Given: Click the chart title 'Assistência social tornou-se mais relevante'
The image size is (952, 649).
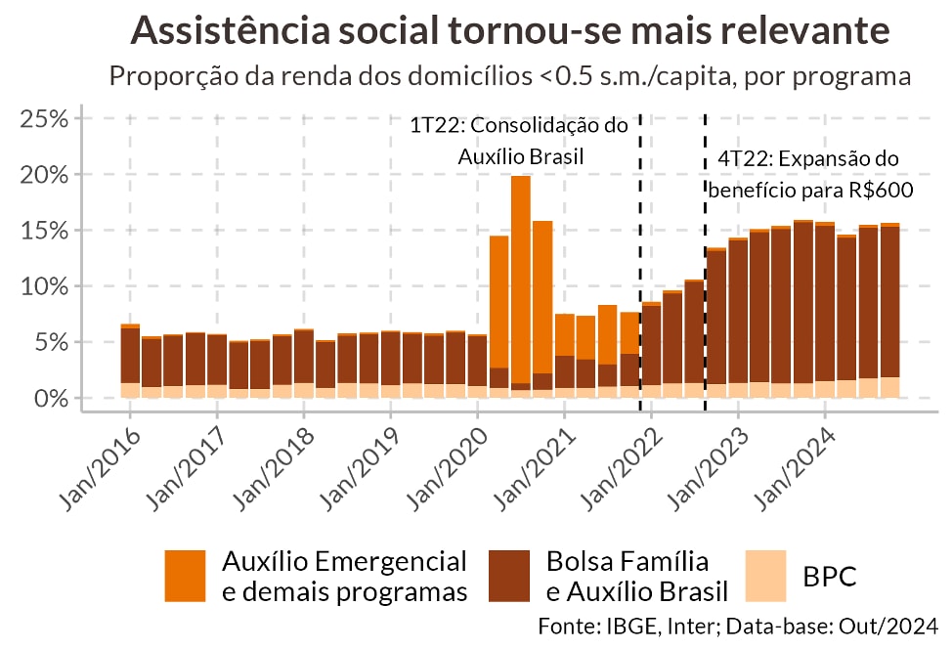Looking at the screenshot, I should pos(509,30).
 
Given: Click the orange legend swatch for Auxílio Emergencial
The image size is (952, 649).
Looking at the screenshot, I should pos(186,576).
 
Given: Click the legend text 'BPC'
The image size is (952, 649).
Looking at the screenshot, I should pos(830,577).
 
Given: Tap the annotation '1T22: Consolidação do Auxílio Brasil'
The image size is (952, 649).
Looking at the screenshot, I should pos(518,141).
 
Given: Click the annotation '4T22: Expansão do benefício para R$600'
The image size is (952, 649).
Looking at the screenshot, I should pos(809,174).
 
